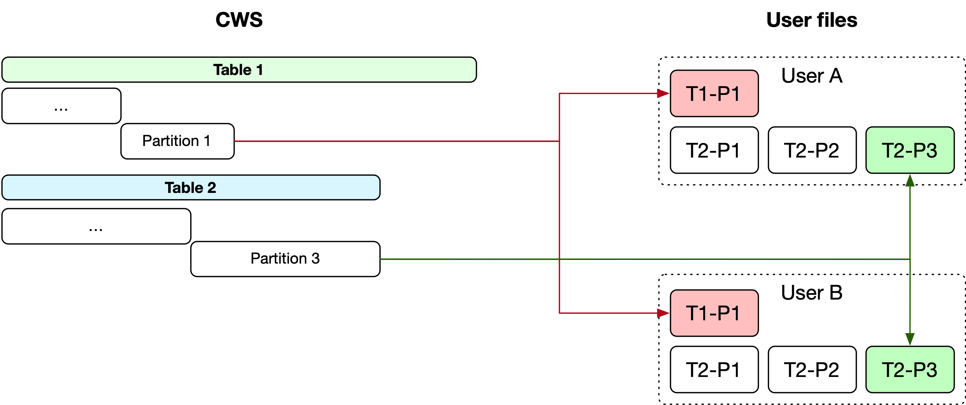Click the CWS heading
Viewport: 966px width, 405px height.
pos(239,20)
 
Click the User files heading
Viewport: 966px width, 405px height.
pos(812,20)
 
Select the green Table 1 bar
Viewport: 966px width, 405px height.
pos(239,70)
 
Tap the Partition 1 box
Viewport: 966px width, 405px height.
pos(177,141)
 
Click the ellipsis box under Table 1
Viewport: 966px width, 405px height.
pos(61,106)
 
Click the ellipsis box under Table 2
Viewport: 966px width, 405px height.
pos(96,226)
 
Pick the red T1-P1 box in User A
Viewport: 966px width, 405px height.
pos(714,93)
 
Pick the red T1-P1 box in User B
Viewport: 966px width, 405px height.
pos(714,313)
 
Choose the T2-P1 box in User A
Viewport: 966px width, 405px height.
pos(714,150)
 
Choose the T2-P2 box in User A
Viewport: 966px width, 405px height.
pos(812,150)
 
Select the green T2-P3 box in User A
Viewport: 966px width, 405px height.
pos(910,150)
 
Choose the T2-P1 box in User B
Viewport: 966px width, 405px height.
pos(714,369)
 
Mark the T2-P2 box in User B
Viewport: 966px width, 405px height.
pos(812,369)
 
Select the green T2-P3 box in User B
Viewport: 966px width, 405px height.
pos(910,369)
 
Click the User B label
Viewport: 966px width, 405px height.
pos(812,293)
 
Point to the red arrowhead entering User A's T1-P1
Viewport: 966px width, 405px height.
pos(663,93)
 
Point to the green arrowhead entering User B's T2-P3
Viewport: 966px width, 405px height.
pos(910,339)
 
